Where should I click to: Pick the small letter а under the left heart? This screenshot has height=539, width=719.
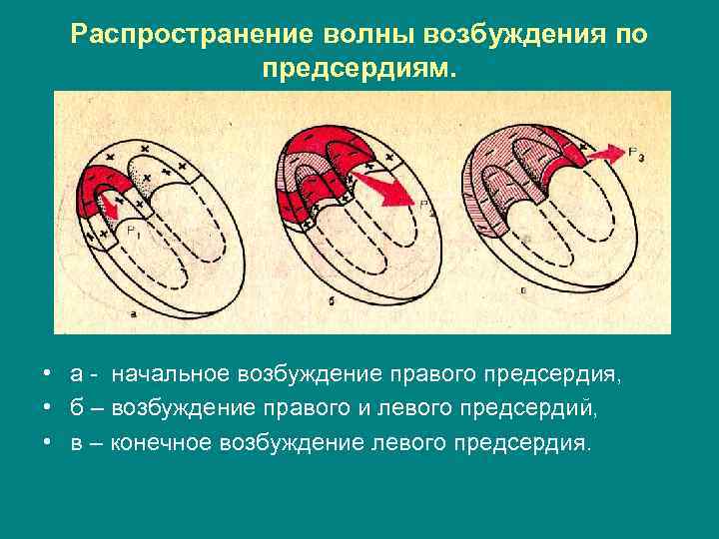pyautogui.click(x=132, y=312)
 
